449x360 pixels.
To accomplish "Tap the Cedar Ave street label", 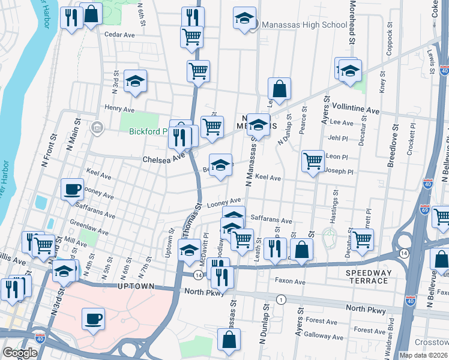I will tap(119, 35).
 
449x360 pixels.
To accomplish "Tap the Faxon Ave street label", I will tap(291, 281).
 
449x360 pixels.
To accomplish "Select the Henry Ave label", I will tap(119, 109).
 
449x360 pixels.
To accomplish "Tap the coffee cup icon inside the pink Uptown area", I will tap(93, 319).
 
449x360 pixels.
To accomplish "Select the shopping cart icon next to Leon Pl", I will tap(313, 161).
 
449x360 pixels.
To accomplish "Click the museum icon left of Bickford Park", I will tap(97, 128).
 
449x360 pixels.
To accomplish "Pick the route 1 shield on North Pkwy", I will tap(280, 299).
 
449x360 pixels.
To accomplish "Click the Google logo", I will tap(20, 353).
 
